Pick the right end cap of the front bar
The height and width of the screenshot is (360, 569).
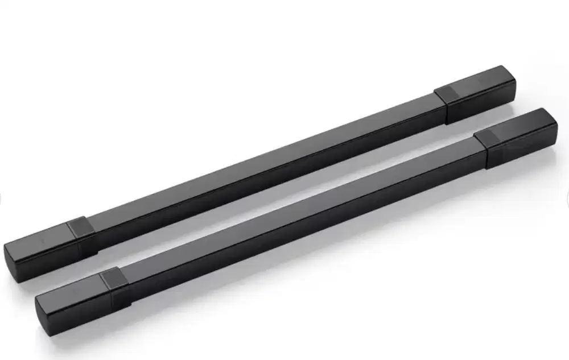tap(521, 136)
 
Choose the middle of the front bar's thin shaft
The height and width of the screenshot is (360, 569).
tap(296, 219)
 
